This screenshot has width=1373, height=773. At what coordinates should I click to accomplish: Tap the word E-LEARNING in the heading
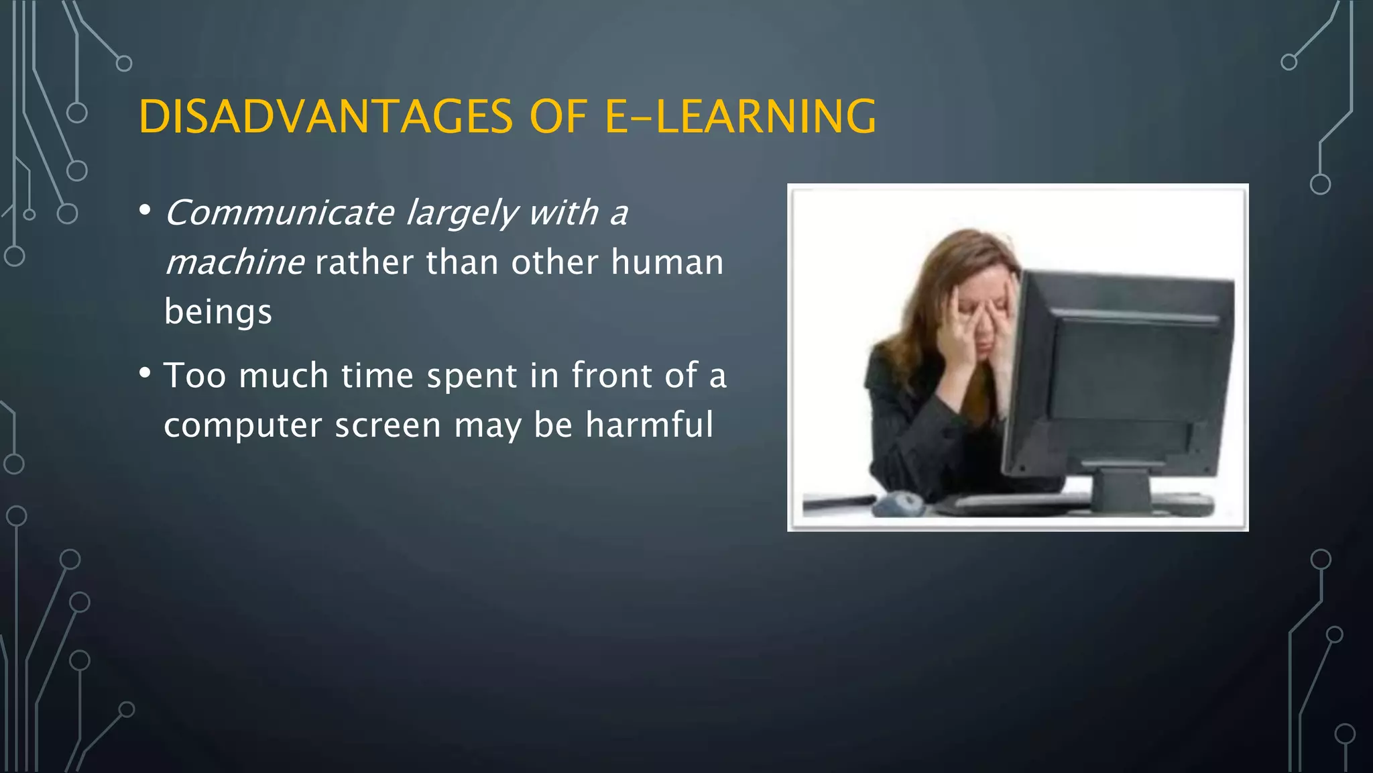pyautogui.click(x=740, y=117)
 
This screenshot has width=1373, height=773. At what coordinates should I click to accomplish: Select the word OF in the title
pyautogui.click(x=558, y=117)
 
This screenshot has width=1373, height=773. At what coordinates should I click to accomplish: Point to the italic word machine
pyautogui.click(x=235, y=262)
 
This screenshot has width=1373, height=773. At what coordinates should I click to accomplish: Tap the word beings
pyautogui.click(x=218, y=312)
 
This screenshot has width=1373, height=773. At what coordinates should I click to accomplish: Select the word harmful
pyautogui.click(x=649, y=425)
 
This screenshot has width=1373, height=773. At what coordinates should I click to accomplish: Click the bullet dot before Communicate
pyautogui.click(x=145, y=210)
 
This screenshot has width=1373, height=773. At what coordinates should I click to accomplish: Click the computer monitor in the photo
pyautogui.click(x=1126, y=376)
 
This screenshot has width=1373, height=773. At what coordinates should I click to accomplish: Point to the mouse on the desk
pyautogui.click(x=898, y=503)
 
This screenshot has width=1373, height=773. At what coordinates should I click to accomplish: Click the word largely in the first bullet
pyautogui.click(x=462, y=213)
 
